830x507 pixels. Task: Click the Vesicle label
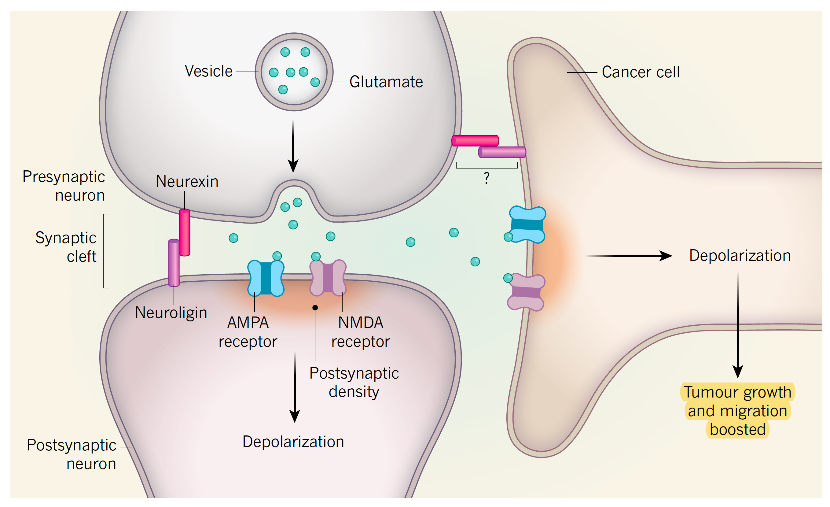coord(208,72)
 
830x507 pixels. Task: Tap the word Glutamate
coord(386,82)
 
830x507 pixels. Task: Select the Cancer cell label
coord(640,72)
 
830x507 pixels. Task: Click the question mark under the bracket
coord(487,178)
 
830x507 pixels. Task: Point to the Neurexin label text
coord(187,182)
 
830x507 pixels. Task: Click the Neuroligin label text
coord(171,313)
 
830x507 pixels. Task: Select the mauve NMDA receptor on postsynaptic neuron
coord(328,278)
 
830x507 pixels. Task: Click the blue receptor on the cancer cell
coord(527,225)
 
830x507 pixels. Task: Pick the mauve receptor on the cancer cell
coord(526,292)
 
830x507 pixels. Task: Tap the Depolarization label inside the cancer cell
coord(740,256)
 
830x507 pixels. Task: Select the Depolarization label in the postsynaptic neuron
coord(293,442)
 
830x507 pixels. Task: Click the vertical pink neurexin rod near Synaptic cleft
coord(185,233)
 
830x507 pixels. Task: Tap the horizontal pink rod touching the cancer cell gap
coord(475,141)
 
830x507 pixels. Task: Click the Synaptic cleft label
coord(66,247)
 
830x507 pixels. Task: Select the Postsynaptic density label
coord(354,383)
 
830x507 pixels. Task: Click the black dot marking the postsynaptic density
coord(315,307)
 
